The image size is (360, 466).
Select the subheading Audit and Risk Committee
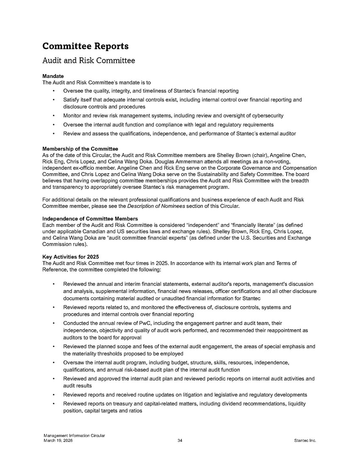tap(89, 61)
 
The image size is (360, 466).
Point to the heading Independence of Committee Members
tap(91, 218)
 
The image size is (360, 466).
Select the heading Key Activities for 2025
tap(71, 257)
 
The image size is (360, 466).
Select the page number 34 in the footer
tap(180, 441)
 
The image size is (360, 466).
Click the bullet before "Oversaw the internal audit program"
tap(53, 363)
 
